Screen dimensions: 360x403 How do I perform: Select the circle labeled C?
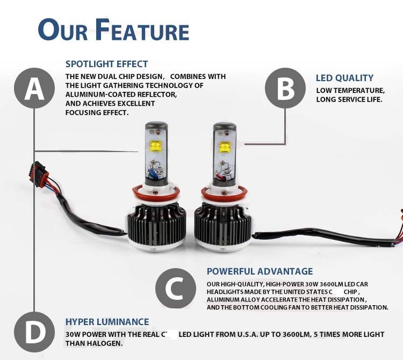pyautogui.click(x=176, y=289)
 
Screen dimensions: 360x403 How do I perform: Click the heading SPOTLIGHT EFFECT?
pyautogui.click(x=106, y=64)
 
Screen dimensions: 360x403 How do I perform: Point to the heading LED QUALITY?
pyautogui.click(x=344, y=78)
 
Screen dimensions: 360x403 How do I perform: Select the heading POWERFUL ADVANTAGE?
pyautogui.click(x=260, y=271)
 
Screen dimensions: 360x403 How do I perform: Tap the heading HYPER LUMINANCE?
pyautogui.click(x=107, y=322)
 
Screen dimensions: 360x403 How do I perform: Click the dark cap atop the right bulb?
pyautogui.click(x=224, y=129)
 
